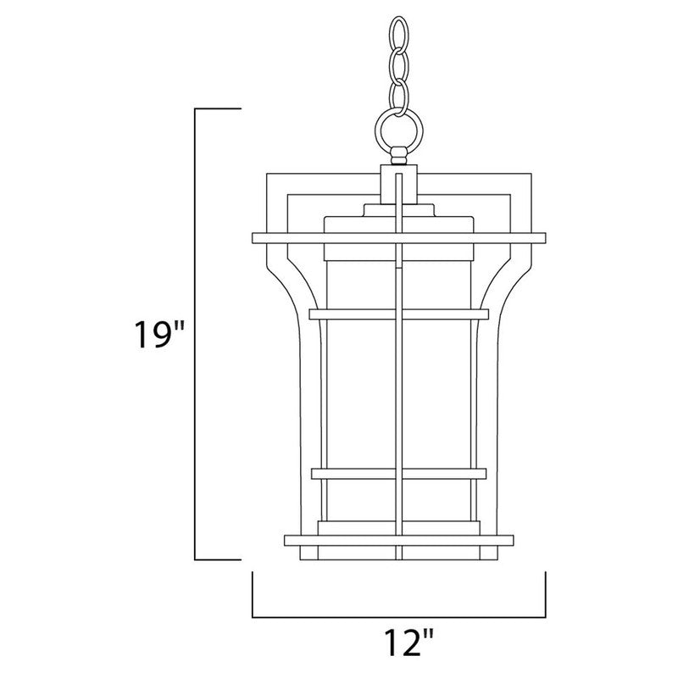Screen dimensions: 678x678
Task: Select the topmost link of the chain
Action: point(398,36)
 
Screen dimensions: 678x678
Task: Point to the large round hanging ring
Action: point(398,130)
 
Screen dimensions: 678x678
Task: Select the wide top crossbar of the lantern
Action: point(398,236)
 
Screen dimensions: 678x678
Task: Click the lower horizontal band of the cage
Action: point(398,473)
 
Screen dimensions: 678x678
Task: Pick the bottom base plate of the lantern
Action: point(398,541)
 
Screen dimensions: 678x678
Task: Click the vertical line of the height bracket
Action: point(197,335)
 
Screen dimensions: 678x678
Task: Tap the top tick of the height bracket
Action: point(219,109)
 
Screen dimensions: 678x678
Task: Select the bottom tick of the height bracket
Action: point(219,559)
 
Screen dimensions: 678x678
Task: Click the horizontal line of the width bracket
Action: point(398,616)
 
